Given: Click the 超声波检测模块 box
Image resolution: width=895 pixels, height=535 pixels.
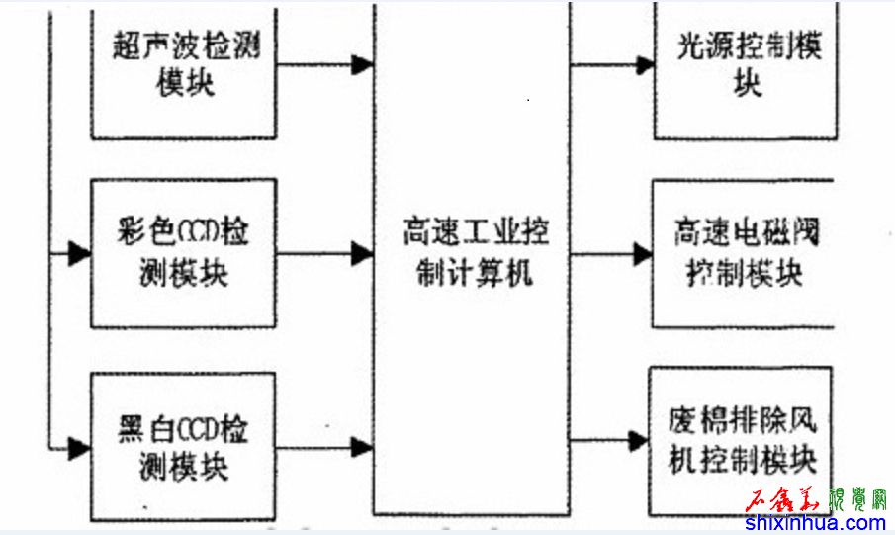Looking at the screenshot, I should tap(184, 65).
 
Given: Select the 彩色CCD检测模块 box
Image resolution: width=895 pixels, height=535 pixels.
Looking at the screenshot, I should tap(184, 253).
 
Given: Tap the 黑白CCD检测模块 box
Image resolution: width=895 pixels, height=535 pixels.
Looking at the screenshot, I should tap(184, 445).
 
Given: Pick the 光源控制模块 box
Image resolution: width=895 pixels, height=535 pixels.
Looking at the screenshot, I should tap(748, 63).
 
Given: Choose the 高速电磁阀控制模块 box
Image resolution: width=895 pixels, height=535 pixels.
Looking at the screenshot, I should tap(746, 253).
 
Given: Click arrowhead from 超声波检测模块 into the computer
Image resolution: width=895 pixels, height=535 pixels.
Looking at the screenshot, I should tap(362, 65).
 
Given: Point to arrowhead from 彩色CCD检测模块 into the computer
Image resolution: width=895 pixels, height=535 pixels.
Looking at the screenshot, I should tap(362, 253).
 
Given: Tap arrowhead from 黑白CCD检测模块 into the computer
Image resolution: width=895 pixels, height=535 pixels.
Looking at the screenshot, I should tap(362, 447).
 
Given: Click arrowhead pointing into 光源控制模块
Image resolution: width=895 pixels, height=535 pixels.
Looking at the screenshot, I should tap(644, 66).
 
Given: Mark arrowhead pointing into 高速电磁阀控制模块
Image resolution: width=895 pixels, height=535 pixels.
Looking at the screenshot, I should tap(642, 254).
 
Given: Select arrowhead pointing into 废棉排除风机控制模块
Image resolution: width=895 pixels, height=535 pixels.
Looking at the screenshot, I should tap(639, 441).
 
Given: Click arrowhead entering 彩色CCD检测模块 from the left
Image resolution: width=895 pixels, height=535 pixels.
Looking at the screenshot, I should tap(79, 254).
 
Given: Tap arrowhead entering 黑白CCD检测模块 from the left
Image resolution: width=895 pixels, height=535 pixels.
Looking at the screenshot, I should tap(79, 448).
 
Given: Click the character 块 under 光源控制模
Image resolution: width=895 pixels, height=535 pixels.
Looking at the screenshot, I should tap(748, 83).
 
